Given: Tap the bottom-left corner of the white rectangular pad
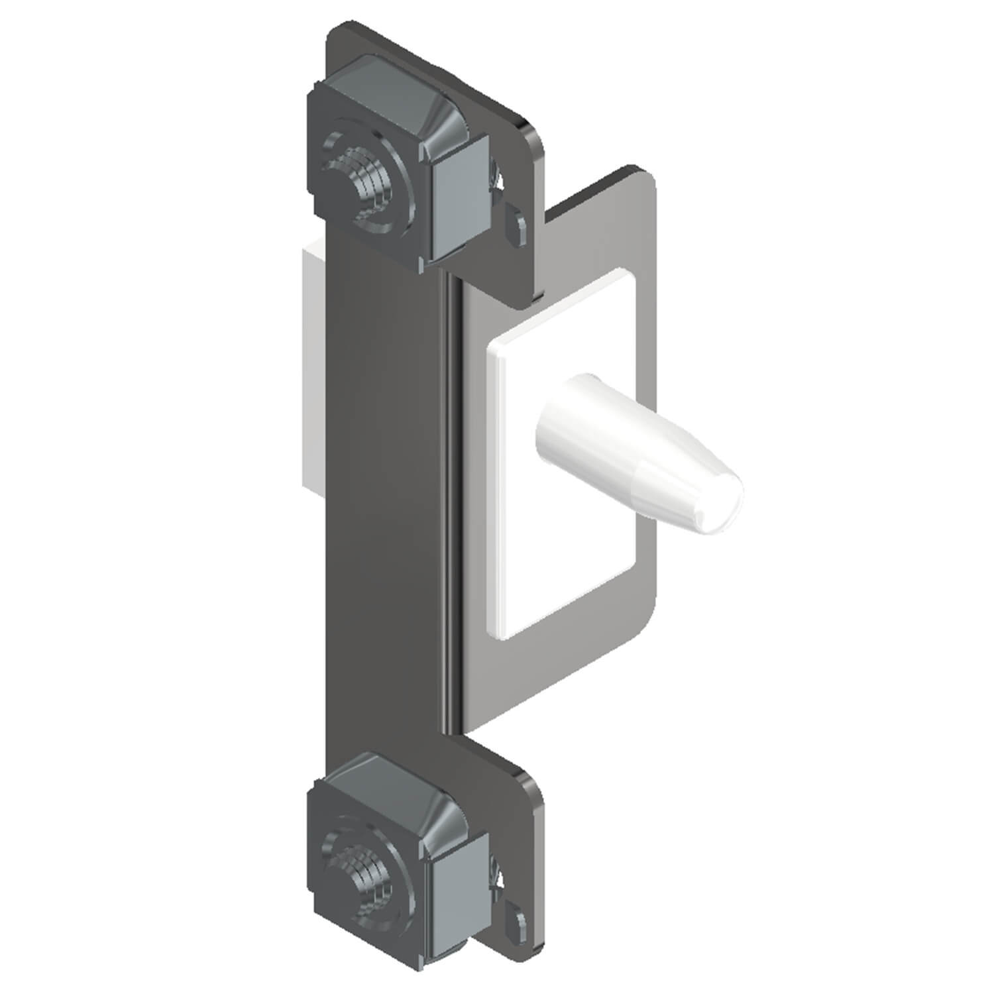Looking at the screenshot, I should (494, 633).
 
